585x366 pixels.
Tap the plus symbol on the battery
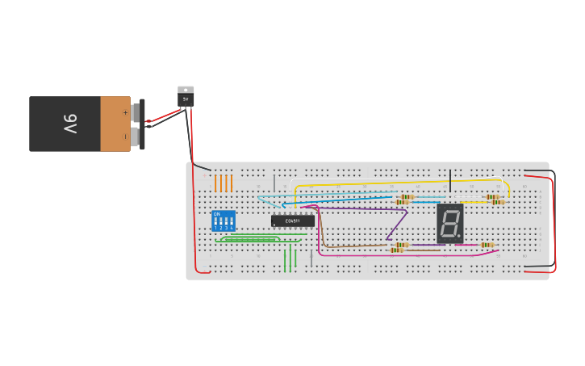(125, 112)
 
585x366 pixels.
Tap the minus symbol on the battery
(125, 137)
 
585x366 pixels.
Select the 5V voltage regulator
(186, 98)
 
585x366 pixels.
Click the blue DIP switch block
(224, 221)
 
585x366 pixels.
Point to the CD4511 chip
(293, 221)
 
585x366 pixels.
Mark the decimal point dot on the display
(459, 236)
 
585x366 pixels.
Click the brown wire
(355, 246)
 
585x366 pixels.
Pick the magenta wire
(403, 255)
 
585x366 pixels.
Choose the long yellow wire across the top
(395, 182)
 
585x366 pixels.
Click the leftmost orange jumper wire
(215, 183)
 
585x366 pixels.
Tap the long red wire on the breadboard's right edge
(554, 222)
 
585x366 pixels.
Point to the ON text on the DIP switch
(216, 214)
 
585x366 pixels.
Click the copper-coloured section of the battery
(115, 124)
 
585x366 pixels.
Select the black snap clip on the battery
(143, 124)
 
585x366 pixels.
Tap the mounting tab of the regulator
(186, 89)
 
